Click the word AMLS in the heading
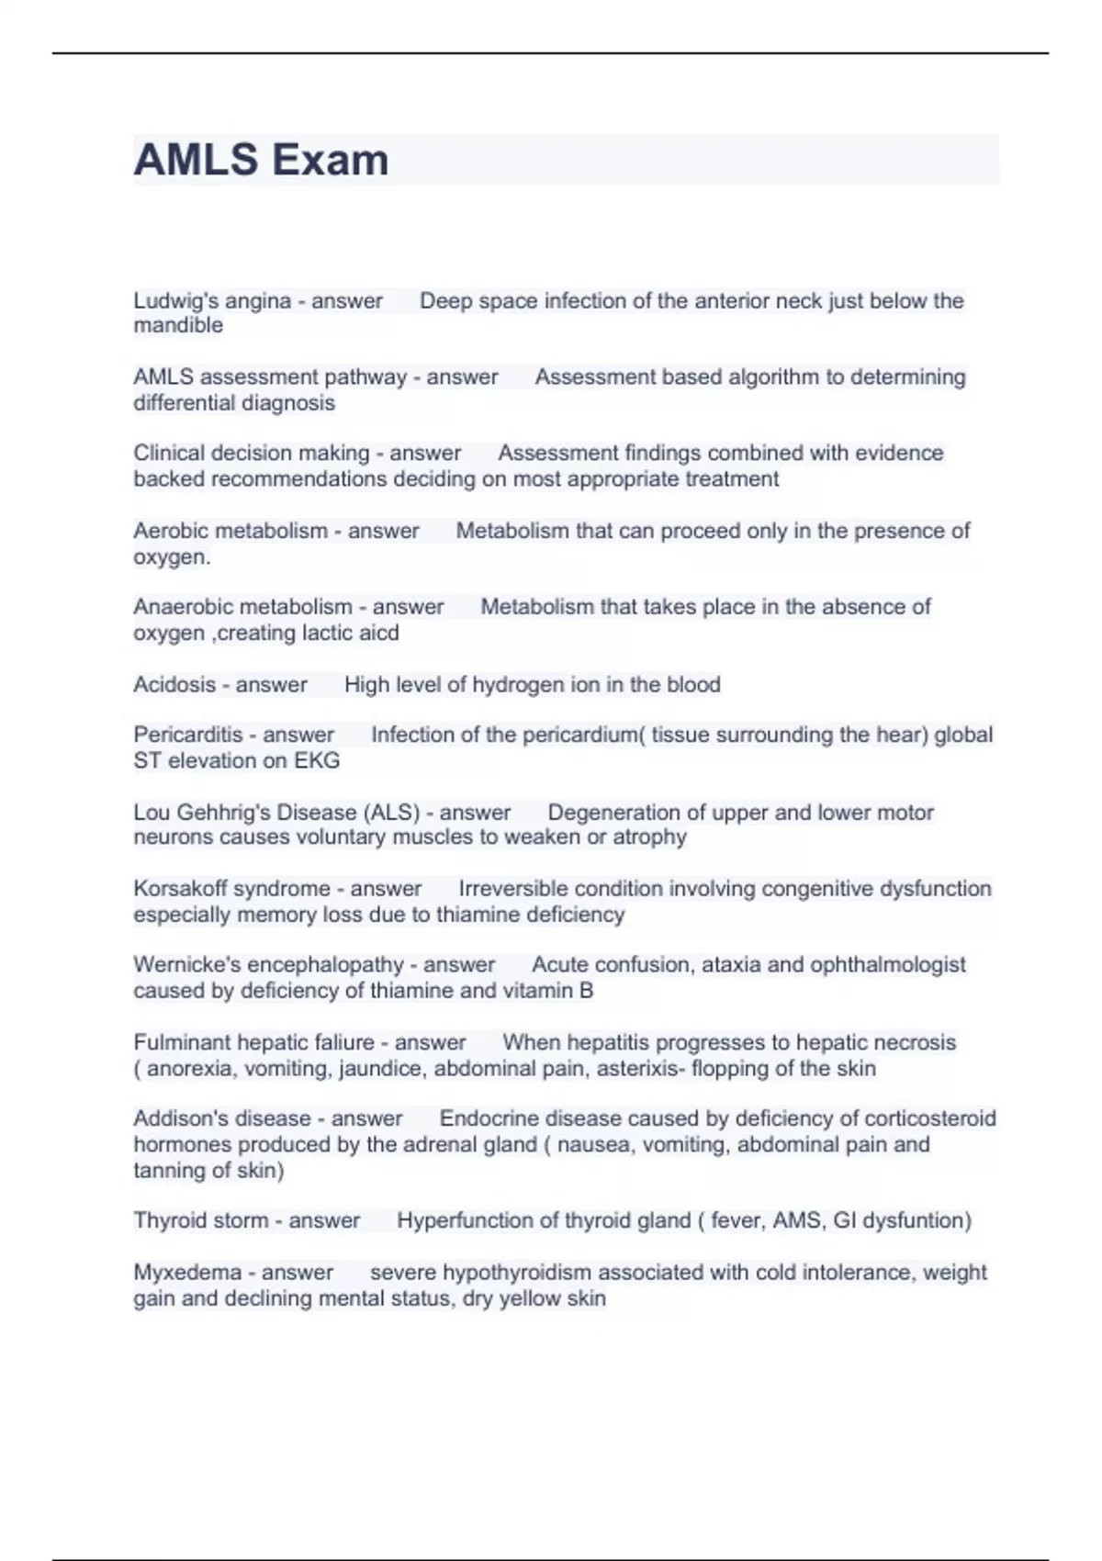[x=196, y=161]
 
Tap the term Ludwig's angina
[x=212, y=301]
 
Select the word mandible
[x=178, y=326]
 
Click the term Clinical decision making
[x=251, y=454]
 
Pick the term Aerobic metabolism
[x=231, y=531]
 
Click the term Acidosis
[x=174, y=685]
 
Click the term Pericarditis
[x=188, y=736]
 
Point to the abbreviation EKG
[x=317, y=761]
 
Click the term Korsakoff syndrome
[x=231, y=889]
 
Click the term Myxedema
[x=187, y=1273]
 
